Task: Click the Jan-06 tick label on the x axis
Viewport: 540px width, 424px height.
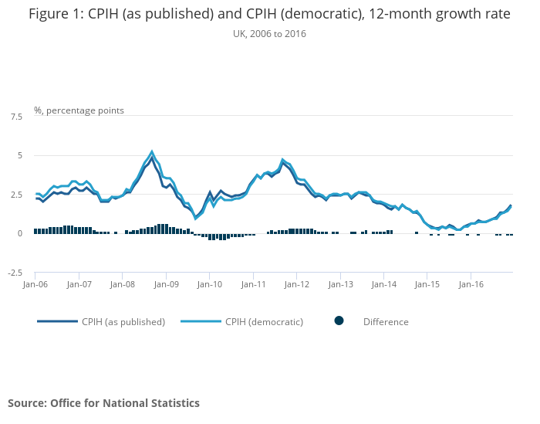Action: click(35, 284)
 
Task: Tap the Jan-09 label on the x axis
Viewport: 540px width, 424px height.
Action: click(167, 284)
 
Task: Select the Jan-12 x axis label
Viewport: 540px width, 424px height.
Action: click(297, 284)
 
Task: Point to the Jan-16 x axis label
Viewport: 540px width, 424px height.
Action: click(471, 284)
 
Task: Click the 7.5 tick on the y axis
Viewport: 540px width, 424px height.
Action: click(16, 117)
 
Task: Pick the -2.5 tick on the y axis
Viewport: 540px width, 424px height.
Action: click(15, 273)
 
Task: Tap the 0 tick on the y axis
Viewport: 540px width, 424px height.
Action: click(20, 233)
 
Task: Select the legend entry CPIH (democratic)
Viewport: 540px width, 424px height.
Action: click(264, 322)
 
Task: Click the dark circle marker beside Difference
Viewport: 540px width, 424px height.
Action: click(339, 321)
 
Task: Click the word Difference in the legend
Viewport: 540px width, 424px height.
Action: click(386, 322)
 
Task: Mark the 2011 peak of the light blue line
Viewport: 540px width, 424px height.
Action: click(283, 160)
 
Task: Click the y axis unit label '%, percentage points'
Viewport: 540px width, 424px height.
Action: click(79, 110)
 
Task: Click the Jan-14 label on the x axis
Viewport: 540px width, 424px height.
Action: click(384, 284)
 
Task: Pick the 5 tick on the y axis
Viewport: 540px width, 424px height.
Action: click(20, 155)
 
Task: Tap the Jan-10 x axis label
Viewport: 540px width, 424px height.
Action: click(210, 284)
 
